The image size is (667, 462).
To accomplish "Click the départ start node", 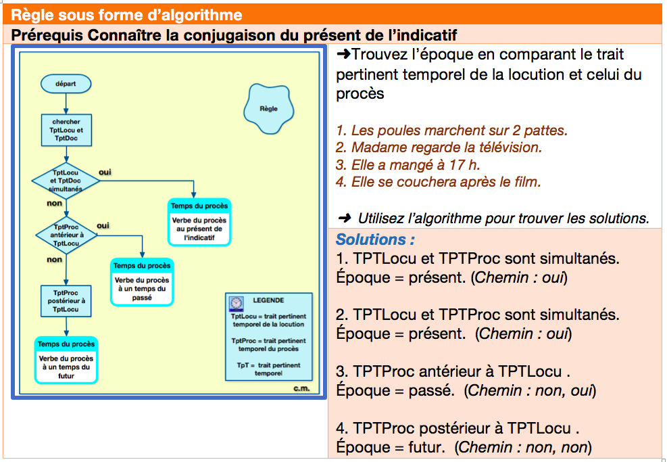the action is coord(66,83).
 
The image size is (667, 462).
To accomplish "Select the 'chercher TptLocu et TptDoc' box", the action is coord(66,130).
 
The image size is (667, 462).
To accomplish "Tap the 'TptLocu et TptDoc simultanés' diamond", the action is coord(66,181).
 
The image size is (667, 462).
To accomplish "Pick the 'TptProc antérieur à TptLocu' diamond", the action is coord(66,235).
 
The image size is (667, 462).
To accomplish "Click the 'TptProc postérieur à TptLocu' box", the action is coord(66,301).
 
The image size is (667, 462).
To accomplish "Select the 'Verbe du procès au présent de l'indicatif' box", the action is coord(199,223).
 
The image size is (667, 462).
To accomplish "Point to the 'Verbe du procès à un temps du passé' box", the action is coord(142,282).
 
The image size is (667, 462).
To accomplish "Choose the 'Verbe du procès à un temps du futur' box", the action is coord(66,361).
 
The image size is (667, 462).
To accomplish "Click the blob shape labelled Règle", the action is coord(268,109).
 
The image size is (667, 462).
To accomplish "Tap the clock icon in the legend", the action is coord(236,304).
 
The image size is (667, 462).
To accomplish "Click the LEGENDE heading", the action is coord(268,300).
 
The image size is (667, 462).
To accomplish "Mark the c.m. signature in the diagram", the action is coord(301,388).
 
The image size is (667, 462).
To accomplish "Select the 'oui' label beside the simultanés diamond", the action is coord(105,172).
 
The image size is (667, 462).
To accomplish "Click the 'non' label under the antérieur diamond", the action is coord(55,259).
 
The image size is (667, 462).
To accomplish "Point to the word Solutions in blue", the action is coord(372,239).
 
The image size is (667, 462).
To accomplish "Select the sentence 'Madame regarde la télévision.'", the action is coord(439,147).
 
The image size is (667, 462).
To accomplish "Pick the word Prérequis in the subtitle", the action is coord(47,35).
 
